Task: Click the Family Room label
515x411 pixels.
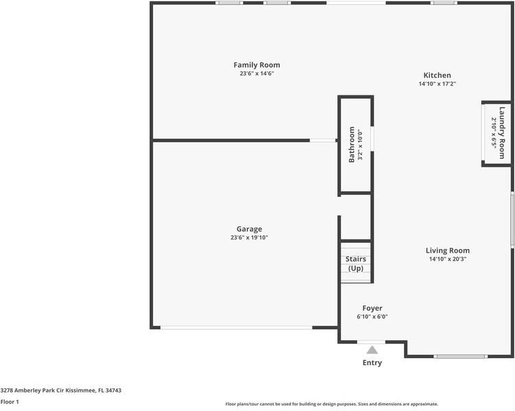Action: coord(256,65)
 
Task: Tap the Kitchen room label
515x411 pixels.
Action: coord(437,75)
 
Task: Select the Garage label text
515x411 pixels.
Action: coord(249,229)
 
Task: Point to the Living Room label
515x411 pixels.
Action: coord(447,250)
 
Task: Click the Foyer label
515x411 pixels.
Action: coord(372,308)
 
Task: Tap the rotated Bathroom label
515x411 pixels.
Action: coord(352,144)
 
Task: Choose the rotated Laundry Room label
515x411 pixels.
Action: coord(502,133)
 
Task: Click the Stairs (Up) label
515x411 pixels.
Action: coord(355,263)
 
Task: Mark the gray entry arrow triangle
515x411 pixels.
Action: coord(372,350)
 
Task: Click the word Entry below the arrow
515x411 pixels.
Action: coord(372,363)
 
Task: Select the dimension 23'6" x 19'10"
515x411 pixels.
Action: coord(249,238)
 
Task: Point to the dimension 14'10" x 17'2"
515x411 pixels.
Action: coord(437,84)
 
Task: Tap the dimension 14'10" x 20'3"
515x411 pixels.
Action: coord(447,259)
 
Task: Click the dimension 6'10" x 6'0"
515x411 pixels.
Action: coord(372,317)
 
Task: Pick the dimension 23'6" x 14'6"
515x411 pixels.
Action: coord(256,73)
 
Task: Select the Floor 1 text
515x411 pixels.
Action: coord(10,401)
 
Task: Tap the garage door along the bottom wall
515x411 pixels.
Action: coord(236,328)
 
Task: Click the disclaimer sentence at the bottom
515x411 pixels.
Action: coord(332,404)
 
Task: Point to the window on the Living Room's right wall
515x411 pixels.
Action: coord(512,219)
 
